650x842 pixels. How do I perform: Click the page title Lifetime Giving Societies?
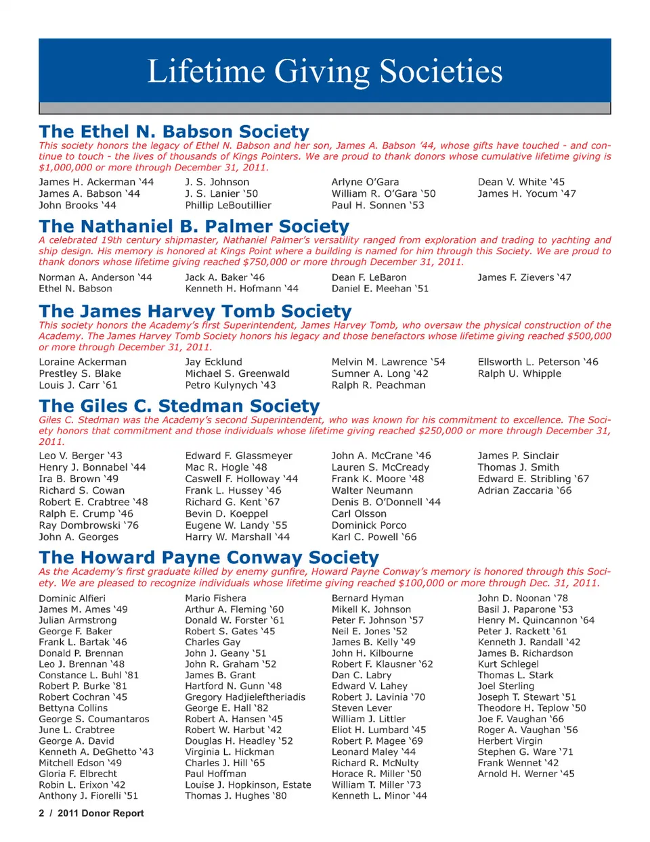pos(325,72)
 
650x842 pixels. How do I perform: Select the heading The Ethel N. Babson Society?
pos(174,131)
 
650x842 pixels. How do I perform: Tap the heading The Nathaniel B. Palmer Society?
pos(194,226)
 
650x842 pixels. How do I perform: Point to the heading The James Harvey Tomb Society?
pos(195,311)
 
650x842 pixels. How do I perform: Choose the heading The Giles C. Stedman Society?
pos(179,406)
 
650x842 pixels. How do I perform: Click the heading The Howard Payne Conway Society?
pos(209,557)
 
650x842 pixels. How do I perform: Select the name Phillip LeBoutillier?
pos(228,205)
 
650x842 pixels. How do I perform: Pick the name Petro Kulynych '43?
pos(230,385)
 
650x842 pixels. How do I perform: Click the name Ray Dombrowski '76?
pos(89,525)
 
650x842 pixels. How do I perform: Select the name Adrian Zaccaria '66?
pos(525,490)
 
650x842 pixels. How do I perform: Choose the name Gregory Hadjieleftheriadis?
pos(245,697)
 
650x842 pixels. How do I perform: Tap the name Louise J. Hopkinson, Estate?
pos(248,785)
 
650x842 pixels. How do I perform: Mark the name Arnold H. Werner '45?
pos(525,774)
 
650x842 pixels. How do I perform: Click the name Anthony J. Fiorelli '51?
pos(88,796)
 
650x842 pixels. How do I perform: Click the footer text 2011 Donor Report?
pos(100,814)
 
